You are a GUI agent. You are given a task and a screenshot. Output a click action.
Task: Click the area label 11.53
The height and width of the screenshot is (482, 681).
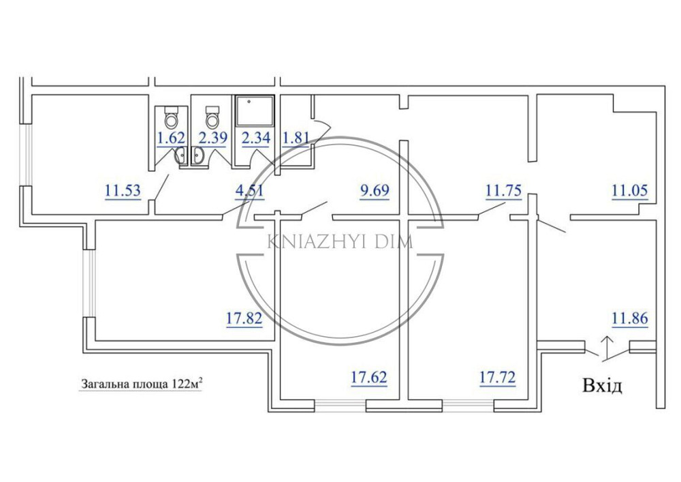pos(123,190)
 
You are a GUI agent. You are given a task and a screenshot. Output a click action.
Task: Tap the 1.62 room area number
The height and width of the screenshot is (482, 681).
pos(171,138)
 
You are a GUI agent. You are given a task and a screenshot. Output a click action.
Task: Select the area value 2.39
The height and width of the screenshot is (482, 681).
pos(212,138)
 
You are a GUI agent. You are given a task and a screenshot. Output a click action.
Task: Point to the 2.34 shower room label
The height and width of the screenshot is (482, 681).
pos(256,138)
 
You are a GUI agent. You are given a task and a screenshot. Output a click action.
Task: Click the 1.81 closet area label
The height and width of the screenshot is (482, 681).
pos(296,138)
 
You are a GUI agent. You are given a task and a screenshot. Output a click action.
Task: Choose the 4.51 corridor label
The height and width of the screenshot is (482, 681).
pos(249,190)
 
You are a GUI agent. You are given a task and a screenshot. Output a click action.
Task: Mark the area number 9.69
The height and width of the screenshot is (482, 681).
pos(375,190)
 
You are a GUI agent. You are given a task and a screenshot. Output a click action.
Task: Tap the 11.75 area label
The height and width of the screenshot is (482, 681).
pos(503,190)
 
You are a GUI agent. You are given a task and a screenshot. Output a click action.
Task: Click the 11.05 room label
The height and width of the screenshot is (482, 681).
pos(630,190)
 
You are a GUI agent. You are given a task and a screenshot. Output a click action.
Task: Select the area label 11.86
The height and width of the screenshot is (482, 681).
pos(630,318)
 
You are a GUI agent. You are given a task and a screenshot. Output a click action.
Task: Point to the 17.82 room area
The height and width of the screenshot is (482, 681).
pos(244,318)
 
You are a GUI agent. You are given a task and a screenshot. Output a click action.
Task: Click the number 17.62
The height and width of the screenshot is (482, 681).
pos(368,377)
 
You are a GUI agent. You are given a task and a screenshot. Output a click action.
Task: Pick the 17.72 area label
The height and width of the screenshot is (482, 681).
pos(497,377)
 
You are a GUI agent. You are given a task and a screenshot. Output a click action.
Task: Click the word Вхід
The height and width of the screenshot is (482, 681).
pos(603,385)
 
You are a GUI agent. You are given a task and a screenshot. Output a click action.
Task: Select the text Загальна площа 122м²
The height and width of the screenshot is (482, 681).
pos(140,385)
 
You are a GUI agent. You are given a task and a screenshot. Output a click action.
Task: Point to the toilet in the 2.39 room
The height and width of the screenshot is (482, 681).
pos(212,117)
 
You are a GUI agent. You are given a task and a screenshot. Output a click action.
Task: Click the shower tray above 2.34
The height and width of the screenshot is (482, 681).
pos(254,112)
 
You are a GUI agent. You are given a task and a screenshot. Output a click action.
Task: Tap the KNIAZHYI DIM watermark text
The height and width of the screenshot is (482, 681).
pos(340,241)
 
